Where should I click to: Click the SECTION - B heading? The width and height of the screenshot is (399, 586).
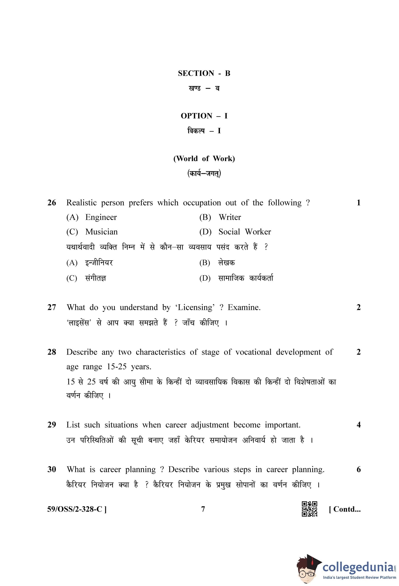point(204,73)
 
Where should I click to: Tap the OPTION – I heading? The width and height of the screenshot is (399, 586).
point(204,116)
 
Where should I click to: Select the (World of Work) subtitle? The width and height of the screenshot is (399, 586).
point(204,159)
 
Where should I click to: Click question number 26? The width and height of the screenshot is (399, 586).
point(52,203)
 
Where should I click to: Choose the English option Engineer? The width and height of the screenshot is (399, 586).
point(101,217)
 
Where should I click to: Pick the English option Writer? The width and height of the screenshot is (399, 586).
point(230,217)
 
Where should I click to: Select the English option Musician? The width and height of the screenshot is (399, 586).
point(101,232)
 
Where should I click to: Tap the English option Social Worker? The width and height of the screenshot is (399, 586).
point(244,232)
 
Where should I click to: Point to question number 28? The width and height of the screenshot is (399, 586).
point(52,352)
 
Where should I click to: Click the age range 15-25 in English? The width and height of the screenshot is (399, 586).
point(116,367)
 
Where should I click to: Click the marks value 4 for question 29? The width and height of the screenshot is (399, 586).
point(358,425)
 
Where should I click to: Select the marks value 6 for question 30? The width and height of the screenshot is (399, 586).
point(358,470)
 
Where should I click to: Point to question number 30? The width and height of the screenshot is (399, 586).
point(52,470)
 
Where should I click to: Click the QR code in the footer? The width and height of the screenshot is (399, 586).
point(309,509)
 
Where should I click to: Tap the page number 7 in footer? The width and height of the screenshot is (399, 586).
point(203,509)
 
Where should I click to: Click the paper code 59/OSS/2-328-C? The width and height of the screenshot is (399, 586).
point(77,509)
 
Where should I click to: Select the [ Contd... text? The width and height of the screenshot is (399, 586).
point(344,509)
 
